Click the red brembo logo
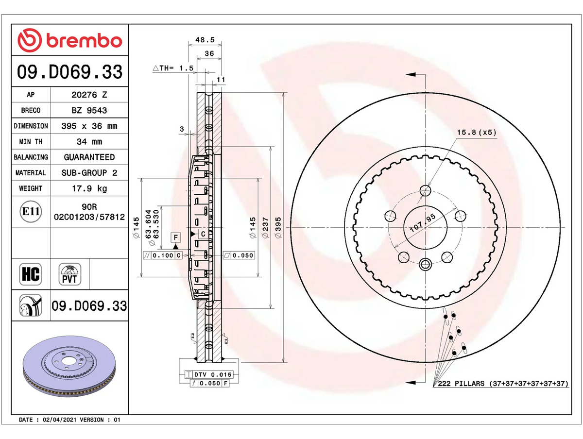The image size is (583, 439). tap(69, 40)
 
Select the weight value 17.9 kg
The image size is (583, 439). tap(89, 188)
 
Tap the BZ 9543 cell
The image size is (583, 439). tap(89, 110)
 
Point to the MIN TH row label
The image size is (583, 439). tap(31, 141)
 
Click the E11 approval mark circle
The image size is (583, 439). tap(31, 212)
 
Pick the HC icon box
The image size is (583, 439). tap(31, 274)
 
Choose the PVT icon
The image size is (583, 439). tap(69, 274)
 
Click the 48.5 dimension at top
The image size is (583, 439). tap(205, 40)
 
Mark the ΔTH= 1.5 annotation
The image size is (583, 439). tap(173, 68)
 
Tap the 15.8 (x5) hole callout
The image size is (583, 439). tap(477, 132)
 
